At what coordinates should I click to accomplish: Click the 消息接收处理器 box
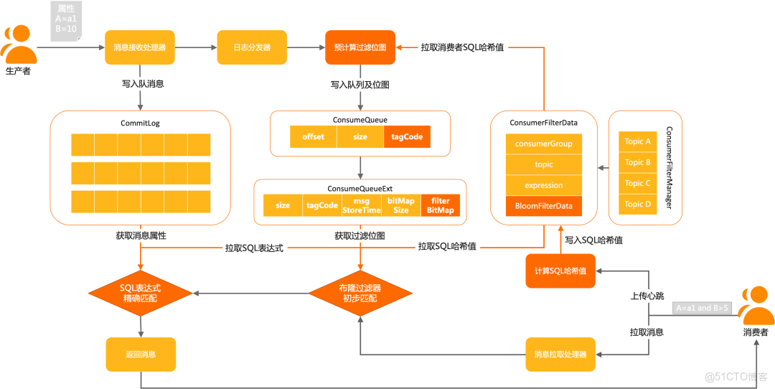pos(140,48)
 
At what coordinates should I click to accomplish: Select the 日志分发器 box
pos(252,48)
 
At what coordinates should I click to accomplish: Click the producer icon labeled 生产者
pos(19,47)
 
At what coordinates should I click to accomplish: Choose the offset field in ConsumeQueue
pos(313,136)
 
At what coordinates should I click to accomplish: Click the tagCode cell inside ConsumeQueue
pos(407,136)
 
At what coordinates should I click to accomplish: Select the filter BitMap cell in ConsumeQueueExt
pos(441,206)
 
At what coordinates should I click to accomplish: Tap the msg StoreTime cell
pos(361,206)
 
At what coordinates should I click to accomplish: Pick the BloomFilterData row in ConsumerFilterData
pos(544,206)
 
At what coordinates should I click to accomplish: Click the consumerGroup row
pos(544,144)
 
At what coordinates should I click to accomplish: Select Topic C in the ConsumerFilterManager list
pos(638,183)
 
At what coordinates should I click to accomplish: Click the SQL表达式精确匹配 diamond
pos(141,293)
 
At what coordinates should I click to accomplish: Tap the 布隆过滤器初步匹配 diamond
pos(360,293)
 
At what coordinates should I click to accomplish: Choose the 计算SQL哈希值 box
pos(560,271)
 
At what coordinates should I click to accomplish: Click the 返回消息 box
pos(140,355)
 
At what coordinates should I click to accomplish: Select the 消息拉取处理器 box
pos(560,355)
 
